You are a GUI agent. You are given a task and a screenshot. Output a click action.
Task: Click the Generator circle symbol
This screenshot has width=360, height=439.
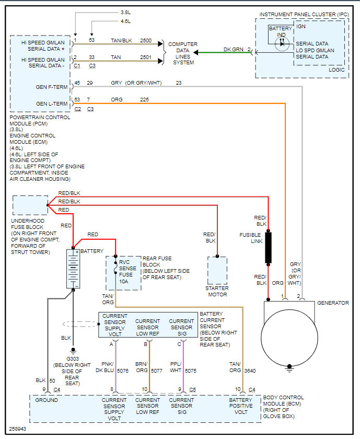(291, 333)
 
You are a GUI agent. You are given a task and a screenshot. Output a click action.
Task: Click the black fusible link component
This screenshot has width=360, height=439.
(269, 248)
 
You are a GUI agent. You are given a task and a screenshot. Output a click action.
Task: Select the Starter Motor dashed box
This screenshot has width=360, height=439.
(217, 271)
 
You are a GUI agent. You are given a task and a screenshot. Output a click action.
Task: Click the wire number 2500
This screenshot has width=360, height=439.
(146, 40)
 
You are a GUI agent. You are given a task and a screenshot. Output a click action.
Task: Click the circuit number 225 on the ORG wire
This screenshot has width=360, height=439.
(144, 99)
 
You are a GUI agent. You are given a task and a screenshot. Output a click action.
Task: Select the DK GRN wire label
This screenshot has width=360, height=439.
(234, 50)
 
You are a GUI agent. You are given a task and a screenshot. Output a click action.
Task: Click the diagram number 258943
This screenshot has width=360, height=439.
(17, 428)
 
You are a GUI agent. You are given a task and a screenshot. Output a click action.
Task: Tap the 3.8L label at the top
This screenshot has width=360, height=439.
(125, 11)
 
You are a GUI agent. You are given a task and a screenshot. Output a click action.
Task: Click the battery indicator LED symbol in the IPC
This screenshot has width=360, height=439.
(283, 43)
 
